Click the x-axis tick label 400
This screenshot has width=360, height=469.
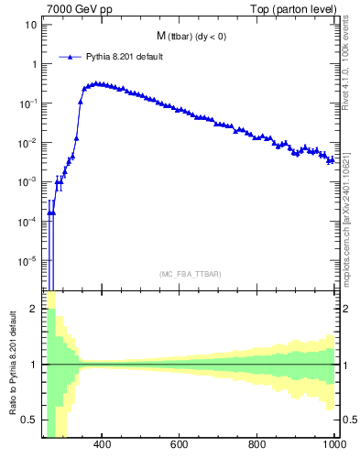(x=102, y=446)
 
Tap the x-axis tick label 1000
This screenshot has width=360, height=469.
(x=333, y=446)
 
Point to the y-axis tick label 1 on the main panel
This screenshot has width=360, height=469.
(x=34, y=64)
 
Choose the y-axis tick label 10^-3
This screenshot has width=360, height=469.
(x=28, y=182)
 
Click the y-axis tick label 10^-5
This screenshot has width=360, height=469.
(x=28, y=261)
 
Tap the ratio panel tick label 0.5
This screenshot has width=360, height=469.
(x=29, y=420)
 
